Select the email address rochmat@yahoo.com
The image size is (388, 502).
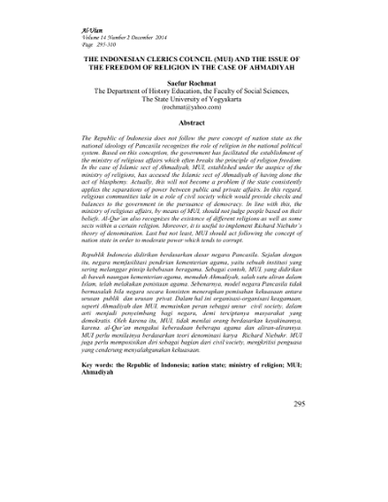tap(194, 109)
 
